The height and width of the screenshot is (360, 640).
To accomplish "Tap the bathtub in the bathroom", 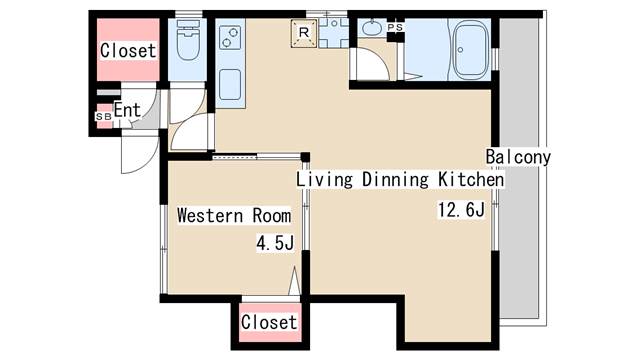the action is click(471, 50).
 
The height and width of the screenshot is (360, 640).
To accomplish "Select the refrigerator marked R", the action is click(304, 33).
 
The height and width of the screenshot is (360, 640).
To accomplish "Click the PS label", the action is click(395, 27).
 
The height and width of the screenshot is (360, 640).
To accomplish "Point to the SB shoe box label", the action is click(103, 116).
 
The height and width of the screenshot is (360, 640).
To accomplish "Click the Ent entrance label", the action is click(127, 110).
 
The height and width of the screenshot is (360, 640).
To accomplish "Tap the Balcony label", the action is click(518, 157).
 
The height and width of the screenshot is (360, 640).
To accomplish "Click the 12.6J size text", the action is click(461, 210).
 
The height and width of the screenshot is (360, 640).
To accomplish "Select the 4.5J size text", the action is click(275, 243).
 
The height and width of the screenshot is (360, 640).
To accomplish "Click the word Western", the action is click(210, 215).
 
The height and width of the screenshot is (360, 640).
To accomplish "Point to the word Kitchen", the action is click(471, 179).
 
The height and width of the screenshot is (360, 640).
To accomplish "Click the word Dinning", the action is click(396, 180).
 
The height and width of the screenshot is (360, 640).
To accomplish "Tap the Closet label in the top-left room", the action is click(128, 51).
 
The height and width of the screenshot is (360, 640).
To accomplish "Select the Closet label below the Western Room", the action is click(269, 322).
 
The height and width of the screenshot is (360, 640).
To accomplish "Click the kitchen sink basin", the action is click(230, 84).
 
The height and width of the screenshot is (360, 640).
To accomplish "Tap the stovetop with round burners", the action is click(230, 37).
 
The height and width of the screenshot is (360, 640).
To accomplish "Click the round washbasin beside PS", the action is click(371, 29).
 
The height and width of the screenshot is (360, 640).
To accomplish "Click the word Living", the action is click(324, 180).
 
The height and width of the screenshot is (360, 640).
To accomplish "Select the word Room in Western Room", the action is click(272, 215).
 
